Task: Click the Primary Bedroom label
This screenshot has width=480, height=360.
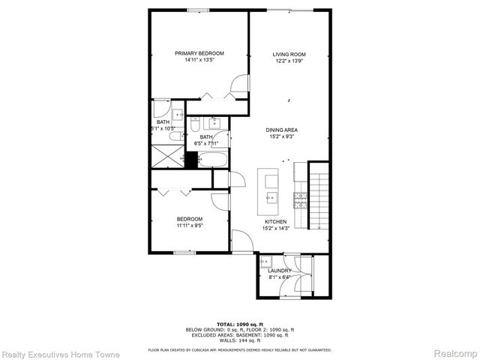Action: [x=199, y=53]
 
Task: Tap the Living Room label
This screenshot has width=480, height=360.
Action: [x=289, y=54]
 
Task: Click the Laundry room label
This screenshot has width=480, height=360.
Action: [x=279, y=271]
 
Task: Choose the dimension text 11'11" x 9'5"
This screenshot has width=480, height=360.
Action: [x=189, y=225]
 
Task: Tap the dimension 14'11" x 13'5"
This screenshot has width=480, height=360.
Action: [x=199, y=60]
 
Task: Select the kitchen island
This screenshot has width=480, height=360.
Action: [x=268, y=192]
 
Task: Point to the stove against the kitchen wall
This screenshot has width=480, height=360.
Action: [x=300, y=199]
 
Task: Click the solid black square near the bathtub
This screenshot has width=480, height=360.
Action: [x=191, y=160]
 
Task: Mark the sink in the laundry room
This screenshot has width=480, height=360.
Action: [x=265, y=262]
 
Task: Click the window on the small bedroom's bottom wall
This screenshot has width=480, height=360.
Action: [x=185, y=253]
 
